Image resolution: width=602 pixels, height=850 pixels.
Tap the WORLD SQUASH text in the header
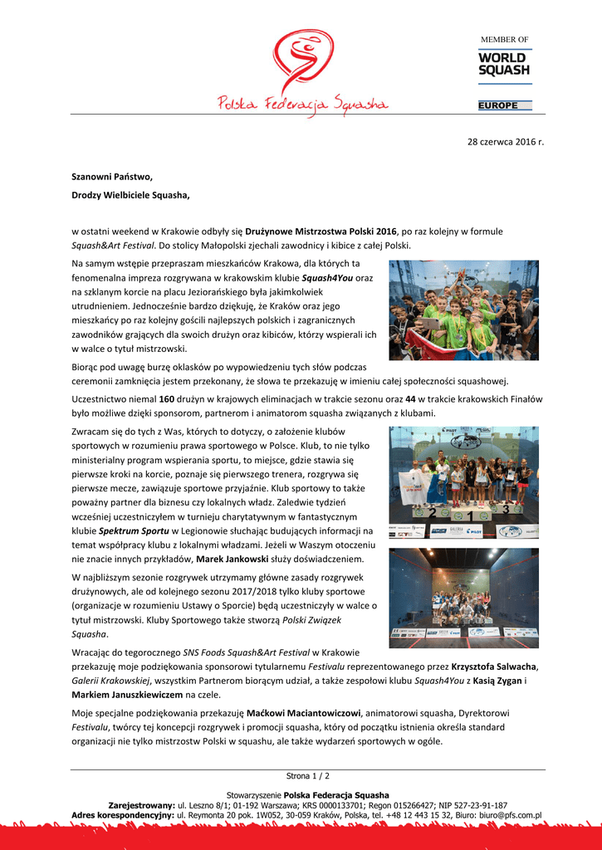[503, 64]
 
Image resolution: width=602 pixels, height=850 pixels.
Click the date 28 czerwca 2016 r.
[505, 142]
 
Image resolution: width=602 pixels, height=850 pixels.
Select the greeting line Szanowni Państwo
[112, 177]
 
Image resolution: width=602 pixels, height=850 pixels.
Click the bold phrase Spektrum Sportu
[135, 530]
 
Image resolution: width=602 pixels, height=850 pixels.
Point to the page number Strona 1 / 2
[307, 776]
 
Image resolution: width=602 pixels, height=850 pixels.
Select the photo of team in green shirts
[463, 310]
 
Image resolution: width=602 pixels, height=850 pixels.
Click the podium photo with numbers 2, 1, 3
[463, 481]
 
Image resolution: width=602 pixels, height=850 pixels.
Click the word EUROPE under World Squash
[498, 105]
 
